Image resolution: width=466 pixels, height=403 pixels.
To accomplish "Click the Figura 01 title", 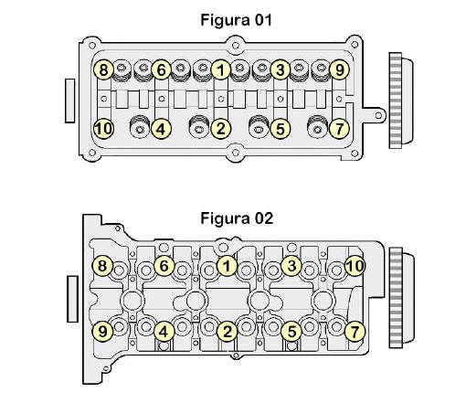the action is (236, 20).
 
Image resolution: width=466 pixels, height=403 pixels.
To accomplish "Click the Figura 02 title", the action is (237, 218).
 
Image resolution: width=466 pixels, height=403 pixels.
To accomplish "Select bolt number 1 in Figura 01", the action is (220, 69).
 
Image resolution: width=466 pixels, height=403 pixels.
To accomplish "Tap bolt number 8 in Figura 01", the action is (103, 69).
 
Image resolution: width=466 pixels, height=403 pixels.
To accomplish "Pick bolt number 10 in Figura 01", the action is (103, 129).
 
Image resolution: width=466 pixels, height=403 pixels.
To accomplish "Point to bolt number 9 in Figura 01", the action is (339, 69).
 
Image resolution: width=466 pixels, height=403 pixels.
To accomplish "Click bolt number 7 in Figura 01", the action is (339, 129).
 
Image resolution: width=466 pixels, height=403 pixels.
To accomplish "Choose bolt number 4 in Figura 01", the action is (161, 129).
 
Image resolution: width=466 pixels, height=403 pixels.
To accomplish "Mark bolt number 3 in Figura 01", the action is (280, 69).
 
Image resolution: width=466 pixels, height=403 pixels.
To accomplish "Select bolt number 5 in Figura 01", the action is (280, 129).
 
